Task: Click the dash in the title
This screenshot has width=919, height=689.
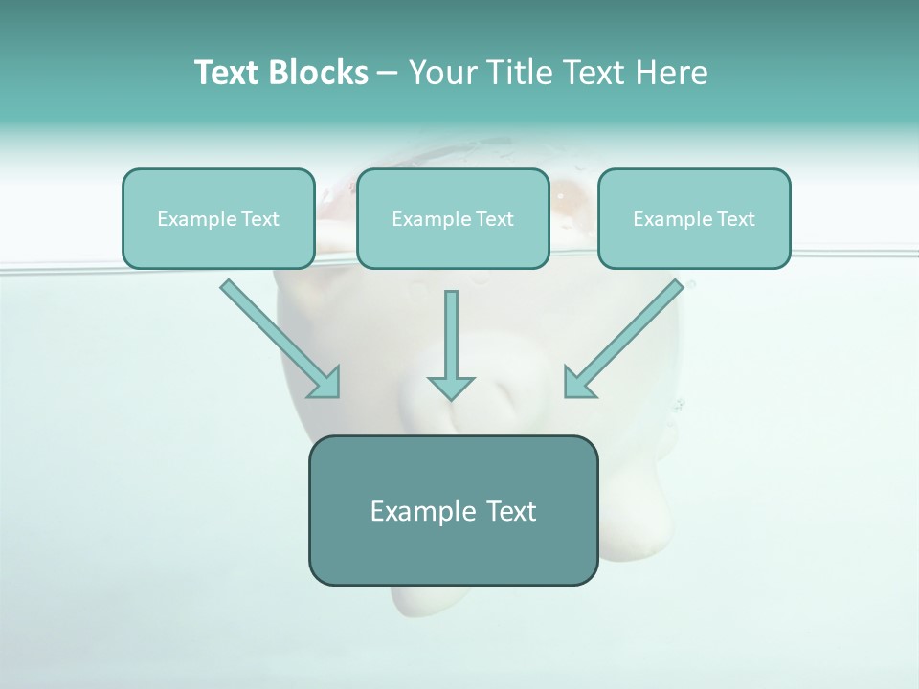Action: pyautogui.click(x=388, y=73)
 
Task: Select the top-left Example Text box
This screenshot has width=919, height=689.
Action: pyautogui.click(x=218, y=219)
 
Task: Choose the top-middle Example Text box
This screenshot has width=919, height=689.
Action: pyautogui.click(x=453, y=219)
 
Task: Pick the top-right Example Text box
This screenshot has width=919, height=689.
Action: pyautogui.click(x=694, y=219)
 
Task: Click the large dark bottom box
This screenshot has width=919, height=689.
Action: pyautogui.click(x=453, y=510)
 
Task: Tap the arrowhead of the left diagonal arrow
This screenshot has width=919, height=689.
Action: pyautogui.click(x=325, y=383)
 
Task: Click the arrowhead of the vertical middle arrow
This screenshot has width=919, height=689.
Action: pyautogui.click(x=451, y=388)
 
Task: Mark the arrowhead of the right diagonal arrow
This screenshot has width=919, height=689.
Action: pyautogui.click(x=578, y=383)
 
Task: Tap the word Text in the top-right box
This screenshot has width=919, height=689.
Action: pyautogui.click(x=735, y=219)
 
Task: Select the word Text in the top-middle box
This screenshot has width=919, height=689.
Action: pyautogui.click(x=494, y=219)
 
